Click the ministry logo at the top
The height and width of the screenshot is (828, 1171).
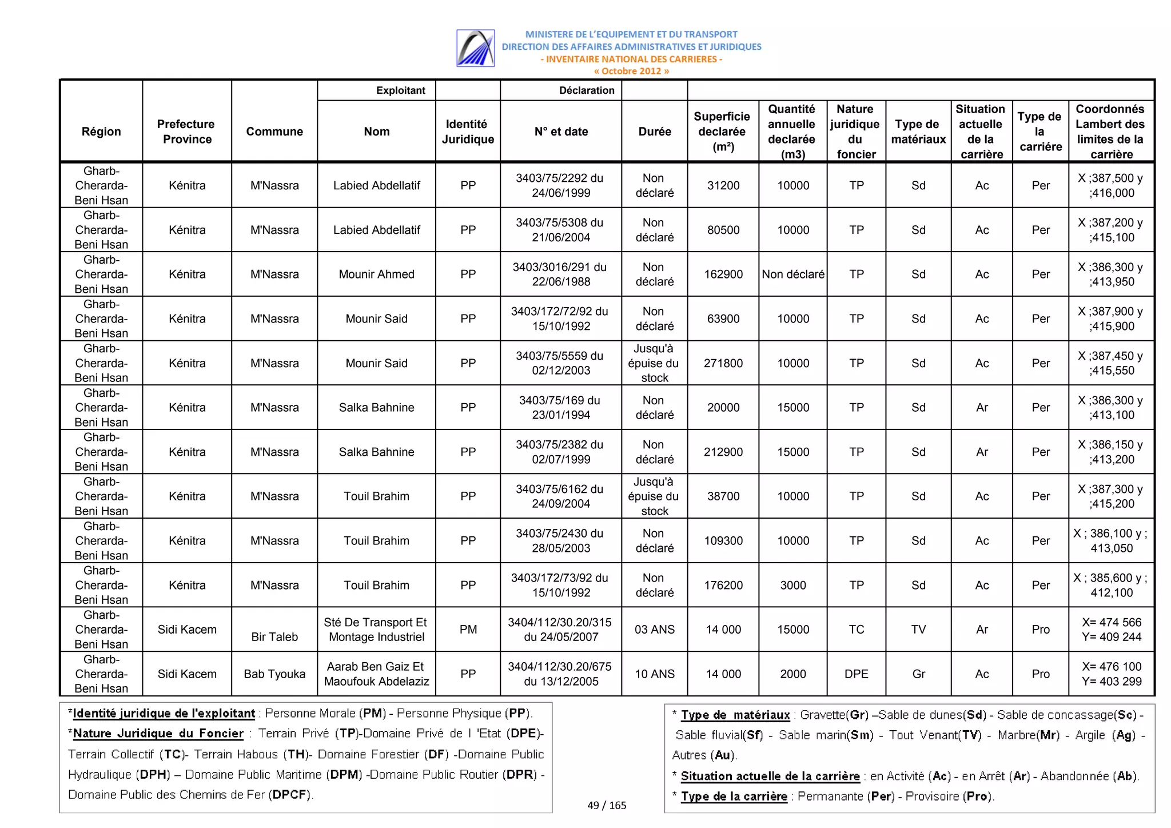(x=475, y=48)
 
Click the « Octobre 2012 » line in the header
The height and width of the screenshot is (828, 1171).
(x=631, y=71)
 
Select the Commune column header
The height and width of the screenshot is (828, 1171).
(x=274, y=132)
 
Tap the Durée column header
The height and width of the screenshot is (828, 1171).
(x=654, y=132)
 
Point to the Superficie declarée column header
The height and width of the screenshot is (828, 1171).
(x=722, y=132)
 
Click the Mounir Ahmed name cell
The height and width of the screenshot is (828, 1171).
(x=376, y=274)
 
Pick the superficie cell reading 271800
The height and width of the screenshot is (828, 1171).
(x=723, y=363)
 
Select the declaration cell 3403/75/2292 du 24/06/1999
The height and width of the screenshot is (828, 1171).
(x=560, y=185)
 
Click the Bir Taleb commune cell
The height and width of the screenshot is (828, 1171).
(x=274, y=636)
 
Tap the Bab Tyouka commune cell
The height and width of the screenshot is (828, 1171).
(x=274, y=674)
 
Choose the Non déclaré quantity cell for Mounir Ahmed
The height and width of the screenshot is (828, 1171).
(x=792, y=274)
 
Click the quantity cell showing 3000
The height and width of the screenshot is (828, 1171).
(x=792, y=585)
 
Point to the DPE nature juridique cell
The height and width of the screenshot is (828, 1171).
(x=856, y=674)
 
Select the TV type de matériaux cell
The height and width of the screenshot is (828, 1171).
(x=918, y=630)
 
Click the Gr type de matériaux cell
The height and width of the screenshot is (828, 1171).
(x=918, y=674)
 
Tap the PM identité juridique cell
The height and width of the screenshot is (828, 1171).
(x=468, y=630)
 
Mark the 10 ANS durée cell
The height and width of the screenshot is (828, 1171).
(x=654, y=674)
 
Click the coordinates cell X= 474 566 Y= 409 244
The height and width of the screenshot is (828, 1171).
(x=1111, y=630)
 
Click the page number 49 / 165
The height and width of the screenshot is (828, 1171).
(x=607, y=806)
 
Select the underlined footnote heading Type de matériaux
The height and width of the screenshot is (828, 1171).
(x=735, y=715)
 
